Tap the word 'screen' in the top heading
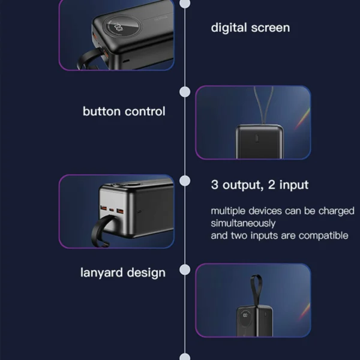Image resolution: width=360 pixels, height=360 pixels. coord(271,28)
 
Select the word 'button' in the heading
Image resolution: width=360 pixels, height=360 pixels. coord(101,112)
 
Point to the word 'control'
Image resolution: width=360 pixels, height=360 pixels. coord(145,112)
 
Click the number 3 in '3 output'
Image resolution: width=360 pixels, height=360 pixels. coord(214,185)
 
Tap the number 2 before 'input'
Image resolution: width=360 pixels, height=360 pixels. coord(271,185)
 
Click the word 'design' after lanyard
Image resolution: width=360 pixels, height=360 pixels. coord(146,273)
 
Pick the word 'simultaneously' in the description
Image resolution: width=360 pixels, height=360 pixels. coord(243,223)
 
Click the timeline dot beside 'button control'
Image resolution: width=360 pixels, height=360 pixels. coord(185,92)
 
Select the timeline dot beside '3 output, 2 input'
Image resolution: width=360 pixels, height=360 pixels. coord(185,181)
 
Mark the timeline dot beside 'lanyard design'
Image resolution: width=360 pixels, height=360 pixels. coord(185,269)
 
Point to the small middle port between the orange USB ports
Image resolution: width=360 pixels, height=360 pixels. coord(112,209)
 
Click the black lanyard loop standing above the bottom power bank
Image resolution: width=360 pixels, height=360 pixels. coord(256,290)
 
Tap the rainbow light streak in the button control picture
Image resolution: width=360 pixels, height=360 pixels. coord(302,119)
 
